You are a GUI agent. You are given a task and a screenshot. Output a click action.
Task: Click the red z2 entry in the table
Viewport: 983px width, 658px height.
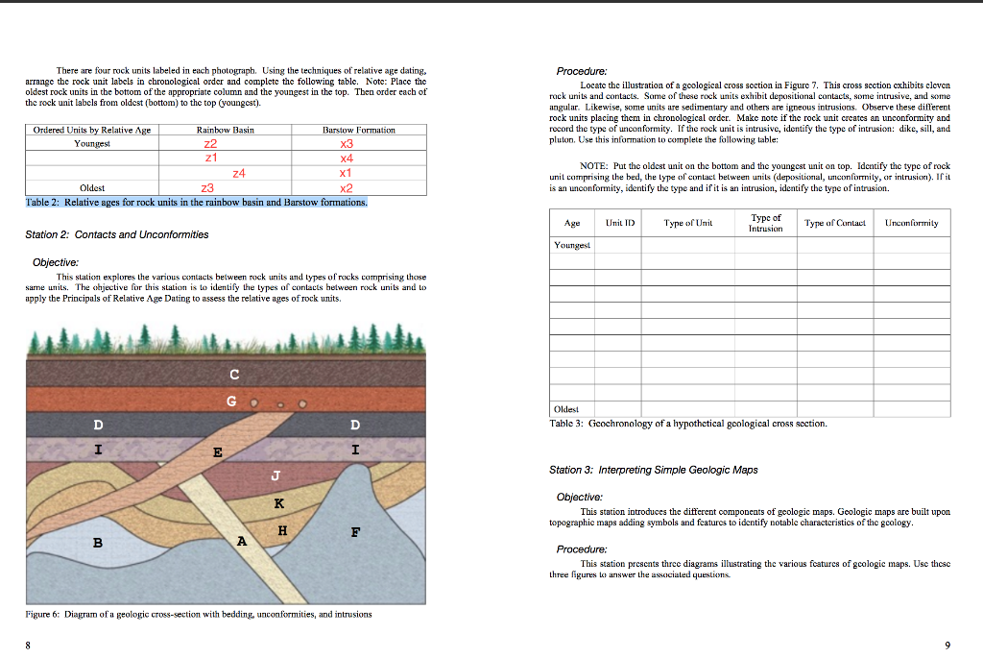coord(212,143)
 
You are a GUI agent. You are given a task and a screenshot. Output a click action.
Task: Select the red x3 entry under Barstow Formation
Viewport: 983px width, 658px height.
coord(348,143)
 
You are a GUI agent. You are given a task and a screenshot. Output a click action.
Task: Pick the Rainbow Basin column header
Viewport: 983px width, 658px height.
coord(225,130)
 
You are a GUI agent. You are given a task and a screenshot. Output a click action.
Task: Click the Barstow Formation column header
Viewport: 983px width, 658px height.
coord(359,130)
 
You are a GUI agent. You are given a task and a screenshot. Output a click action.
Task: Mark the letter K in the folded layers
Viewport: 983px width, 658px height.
coord(278,502)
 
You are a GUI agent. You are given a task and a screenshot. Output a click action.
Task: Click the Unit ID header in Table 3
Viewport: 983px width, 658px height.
coord(619,222)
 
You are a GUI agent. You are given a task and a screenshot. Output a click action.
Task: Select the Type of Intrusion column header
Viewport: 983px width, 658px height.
coord(765,222)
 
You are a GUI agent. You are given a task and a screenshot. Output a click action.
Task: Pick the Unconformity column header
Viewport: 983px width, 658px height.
coord(910,222)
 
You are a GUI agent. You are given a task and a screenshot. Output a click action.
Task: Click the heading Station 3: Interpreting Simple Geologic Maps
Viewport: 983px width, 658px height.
coord(653,470)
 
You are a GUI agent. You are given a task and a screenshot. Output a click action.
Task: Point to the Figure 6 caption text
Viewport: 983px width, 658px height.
coord(199,613)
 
